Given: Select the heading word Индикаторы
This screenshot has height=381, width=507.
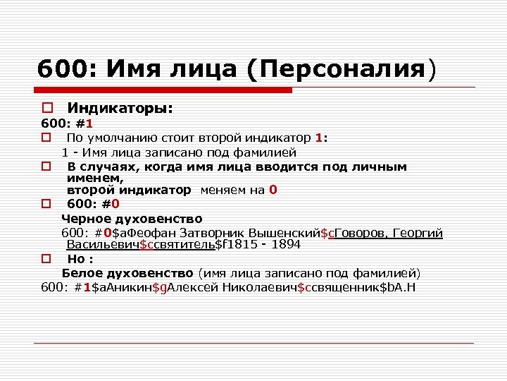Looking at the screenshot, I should point(119,109).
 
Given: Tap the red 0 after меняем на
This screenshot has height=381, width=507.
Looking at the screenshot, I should point(273,190).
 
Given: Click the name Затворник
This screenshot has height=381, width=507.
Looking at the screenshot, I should point(211,233).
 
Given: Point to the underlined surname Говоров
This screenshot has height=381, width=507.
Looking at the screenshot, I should point(360,233).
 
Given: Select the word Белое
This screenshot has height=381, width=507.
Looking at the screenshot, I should point(82,272).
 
